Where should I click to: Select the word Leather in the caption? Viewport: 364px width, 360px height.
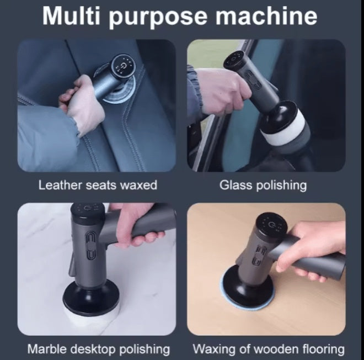pos(59,185)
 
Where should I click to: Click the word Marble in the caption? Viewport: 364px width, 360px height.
pos(46,349)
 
